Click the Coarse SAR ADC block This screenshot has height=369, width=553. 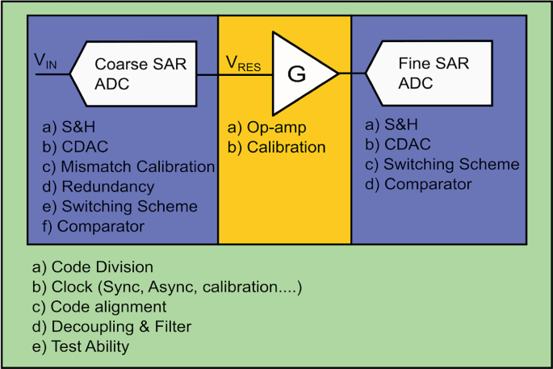pos(133,74)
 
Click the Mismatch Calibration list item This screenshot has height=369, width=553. pos(128,166)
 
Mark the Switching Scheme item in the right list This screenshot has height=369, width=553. pos(442,164)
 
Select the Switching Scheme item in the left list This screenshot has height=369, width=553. pos(119,206)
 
